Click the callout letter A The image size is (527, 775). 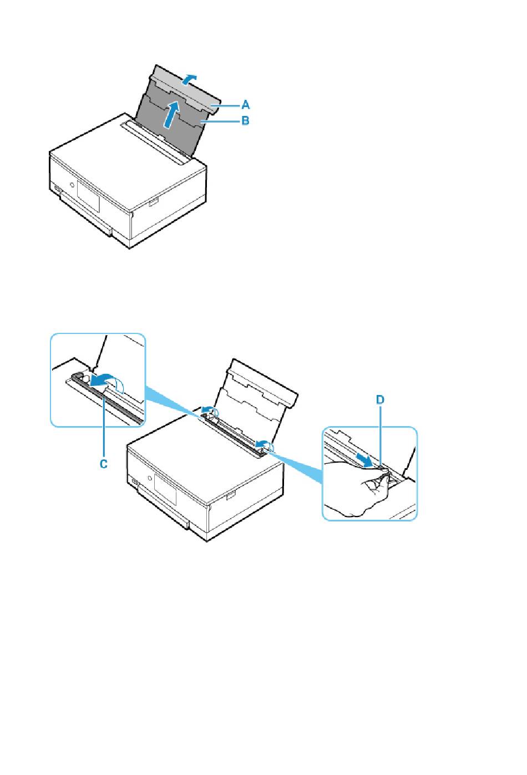245,104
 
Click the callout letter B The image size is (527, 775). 245,121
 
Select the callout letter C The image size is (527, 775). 104,464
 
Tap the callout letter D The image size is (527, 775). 380,400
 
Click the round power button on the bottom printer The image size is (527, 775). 149,478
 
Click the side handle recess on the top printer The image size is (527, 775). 154,202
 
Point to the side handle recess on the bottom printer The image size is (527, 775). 231,495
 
